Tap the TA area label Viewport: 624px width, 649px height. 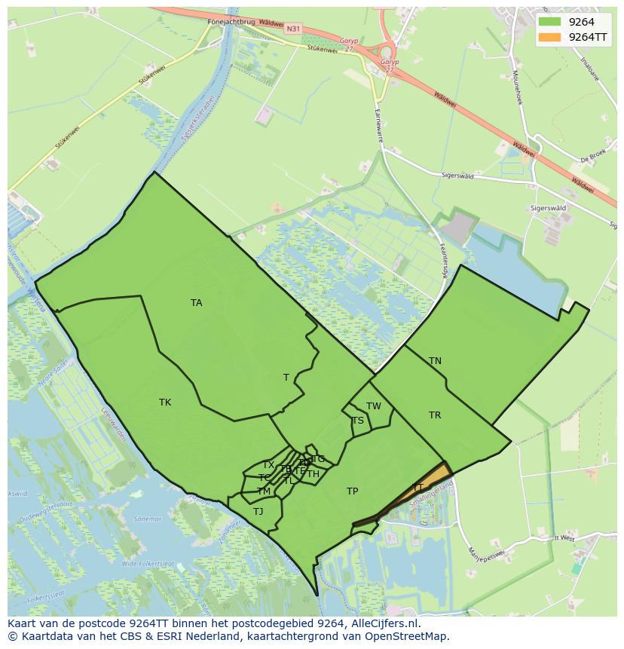click(x=197, y=303)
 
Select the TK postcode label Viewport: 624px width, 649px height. click(x=165, y=403)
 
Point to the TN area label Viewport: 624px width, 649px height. click(x=435, y=361)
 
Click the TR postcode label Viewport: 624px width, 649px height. click(x=435, y=415)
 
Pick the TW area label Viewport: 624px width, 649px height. click(x=374, y=406)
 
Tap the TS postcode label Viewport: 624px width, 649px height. click(x=358, y=421)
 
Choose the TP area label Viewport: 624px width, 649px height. click(x=352, y=491)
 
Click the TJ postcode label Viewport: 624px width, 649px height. click(x=258, y=512)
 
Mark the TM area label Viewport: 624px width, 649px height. click(x=264, y=491)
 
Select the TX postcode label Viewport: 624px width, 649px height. click(x=268, y=465)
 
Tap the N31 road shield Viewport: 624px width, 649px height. click(x=293, y=29)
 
